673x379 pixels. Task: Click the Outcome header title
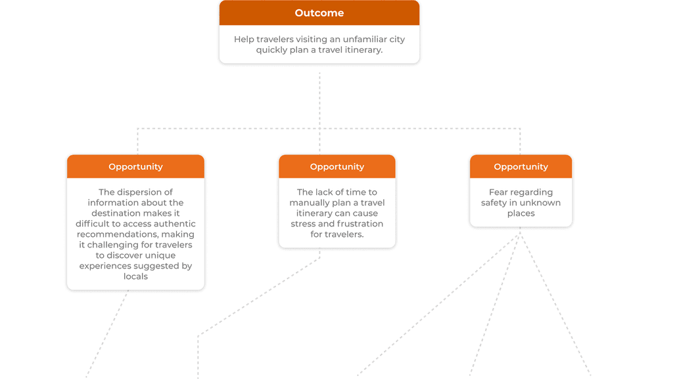point(319,13)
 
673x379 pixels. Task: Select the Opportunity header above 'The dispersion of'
point(135,166)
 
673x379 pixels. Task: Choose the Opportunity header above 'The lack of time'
point(337,166)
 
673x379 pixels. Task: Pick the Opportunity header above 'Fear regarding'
point(521,166)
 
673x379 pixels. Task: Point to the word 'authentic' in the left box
point(174,224)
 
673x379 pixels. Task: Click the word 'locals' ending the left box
point(135,276)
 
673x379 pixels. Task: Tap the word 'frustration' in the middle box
point(358,224)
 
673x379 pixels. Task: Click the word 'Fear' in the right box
point(498,192)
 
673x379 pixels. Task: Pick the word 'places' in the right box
point(521,213)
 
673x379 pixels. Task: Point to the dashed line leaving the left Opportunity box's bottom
point(107,334)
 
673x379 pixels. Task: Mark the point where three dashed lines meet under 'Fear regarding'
point(520,236)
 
